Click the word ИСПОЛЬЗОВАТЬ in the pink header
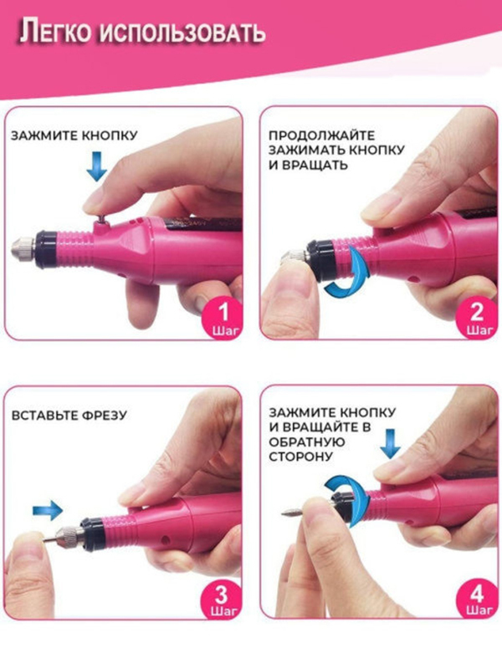click(182, 33)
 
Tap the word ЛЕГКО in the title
click(55, 33)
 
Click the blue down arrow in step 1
click(97, 166)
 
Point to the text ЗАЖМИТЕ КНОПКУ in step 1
click(74, 135)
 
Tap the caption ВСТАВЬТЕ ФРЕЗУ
click(69, 416)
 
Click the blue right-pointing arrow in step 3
click(48, 511)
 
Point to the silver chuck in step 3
click(68, 537)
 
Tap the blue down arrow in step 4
click(390, 444)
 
